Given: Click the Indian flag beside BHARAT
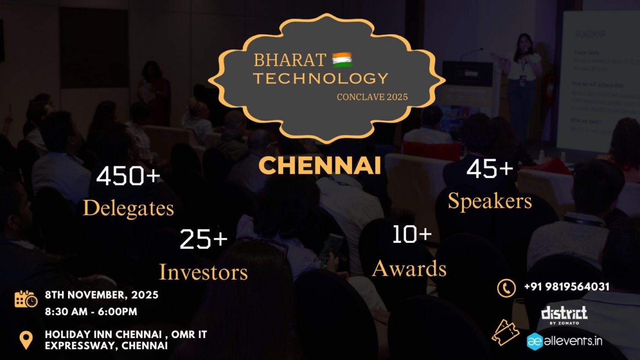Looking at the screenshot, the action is pyautogui.click(x=342, y=60).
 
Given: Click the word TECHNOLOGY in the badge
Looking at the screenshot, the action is pyautogui.click(x=321, y=78).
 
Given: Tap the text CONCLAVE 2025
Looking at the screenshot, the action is pyautogui.click(x=372, y=97).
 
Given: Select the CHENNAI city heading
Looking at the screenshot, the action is pyautogui.click(x=320, y=166).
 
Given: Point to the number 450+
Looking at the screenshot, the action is pyautogui.click(x=128, y=176).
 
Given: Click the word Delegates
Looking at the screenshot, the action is pyautogui.click(x=128, y=209).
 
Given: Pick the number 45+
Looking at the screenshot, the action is pyautogui.click(x=490, y=169).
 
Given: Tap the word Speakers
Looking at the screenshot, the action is pyautogui.click(x=490, y=201).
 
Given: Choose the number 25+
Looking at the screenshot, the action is pyautogui.click(x=203, y=239).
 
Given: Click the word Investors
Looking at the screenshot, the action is pyautogui.click(x=203, y=272).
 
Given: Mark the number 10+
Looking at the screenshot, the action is pyautogui.click(x=412, y=234).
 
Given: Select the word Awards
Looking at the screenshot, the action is pyautogui.click(x=409, y=269).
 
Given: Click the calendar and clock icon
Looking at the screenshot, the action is pyautogui.click(x=26, y=299).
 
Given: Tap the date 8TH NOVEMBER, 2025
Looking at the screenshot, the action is pyautogui.click(x=101, y=295).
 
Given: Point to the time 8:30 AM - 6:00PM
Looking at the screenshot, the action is pyautogui.click(x=91, y=312).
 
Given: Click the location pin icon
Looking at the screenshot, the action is pyautogui.click(x=26, y=340).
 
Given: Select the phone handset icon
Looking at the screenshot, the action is pyautogui.click(x=507, y=288).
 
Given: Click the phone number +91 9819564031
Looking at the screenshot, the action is pyautogui.click(x=567, y=287).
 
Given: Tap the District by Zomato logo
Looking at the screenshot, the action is pyautogui.click(x=564, y=315).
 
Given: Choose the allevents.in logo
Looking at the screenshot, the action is pyautogui.click(x=565, y=341).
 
